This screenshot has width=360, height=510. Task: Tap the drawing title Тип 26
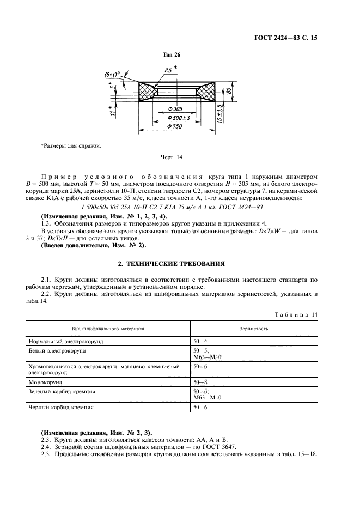172,55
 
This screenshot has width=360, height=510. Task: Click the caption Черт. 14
172,157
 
